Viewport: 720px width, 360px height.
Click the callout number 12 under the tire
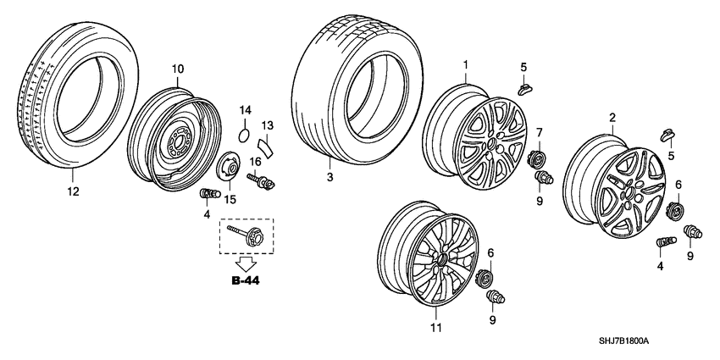coord(73,192)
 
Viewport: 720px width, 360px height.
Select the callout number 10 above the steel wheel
coord(178,69)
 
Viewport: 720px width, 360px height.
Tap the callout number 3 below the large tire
coord(330,178)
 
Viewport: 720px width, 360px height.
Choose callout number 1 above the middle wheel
coord(465,64)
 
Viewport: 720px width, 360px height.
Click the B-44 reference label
coord(246,281)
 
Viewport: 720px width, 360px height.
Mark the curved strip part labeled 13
coord(265,150)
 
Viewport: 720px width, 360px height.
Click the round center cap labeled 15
coord(227,168)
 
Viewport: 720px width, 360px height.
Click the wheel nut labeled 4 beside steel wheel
coord(205,197)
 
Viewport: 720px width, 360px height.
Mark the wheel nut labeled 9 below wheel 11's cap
coord(493,296)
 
